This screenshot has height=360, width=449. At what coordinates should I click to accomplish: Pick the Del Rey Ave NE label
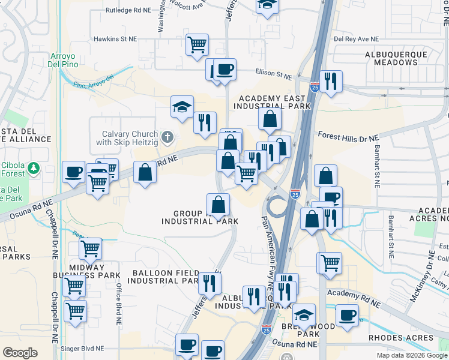point(357,38)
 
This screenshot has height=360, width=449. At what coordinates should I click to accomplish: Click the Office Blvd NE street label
point(118,304)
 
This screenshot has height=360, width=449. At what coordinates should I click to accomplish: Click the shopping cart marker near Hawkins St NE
point(197,44)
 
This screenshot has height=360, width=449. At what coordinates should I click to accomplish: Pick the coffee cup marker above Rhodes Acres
point(347,315)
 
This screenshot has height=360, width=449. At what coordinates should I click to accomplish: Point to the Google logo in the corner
point(20,352)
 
